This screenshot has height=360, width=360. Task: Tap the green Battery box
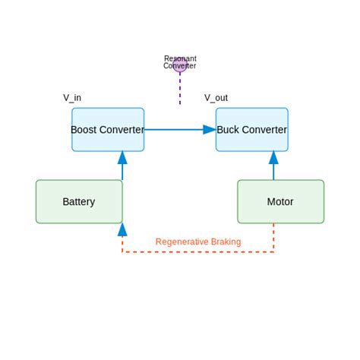point(79,201)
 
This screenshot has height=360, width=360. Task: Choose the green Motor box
point(280,201)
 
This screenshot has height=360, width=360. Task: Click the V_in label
point(72,98)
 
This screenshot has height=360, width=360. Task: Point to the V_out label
point(216,98)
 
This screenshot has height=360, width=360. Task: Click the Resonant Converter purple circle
point(180,65)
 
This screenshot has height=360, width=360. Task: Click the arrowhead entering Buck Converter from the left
point(210,130)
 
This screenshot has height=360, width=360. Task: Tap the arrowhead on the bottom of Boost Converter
point(122,158)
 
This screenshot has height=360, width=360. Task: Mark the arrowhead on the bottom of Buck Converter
point(273,158)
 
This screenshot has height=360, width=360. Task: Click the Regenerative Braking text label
point(198,242)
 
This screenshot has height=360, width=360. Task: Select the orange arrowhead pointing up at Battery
point(122,229)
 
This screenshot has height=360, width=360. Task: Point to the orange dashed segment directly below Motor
point(273,237)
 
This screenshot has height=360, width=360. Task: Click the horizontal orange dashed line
point(197,251)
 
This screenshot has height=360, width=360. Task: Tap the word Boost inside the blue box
point(85,130)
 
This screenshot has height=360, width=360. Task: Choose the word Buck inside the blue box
point(229,130)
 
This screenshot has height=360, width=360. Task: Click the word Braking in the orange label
point(224,242)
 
